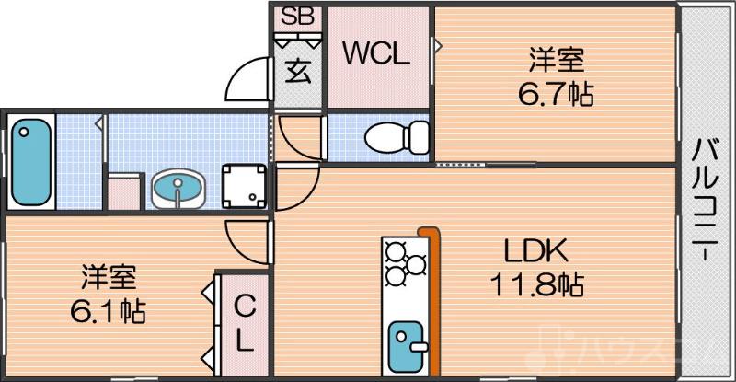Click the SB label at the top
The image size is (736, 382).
click(296, 16)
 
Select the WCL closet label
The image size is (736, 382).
click(376, 53)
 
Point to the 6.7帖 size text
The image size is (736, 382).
click(557, 93)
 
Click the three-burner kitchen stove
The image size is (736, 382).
click(405, 262)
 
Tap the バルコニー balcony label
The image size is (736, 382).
click(706, 199)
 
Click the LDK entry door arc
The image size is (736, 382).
click(296, 190)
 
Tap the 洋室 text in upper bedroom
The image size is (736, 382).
click(557, 62)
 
